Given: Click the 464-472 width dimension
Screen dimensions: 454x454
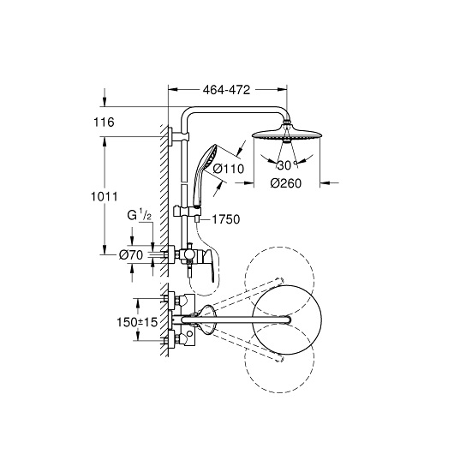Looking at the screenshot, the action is click(226, 90).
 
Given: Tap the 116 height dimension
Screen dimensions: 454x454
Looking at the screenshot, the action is click(104, 122).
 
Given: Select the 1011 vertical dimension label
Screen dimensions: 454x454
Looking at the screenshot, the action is click(105, 197).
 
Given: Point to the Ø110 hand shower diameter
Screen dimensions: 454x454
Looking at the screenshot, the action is click(229, 169).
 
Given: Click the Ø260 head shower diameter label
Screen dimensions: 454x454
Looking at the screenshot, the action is click(286, 183).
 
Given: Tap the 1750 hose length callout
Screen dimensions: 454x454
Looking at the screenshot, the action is click(226, 219).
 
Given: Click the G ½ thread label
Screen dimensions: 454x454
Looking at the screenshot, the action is click(140, 216).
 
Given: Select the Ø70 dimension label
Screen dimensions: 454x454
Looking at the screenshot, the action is click(131, 255).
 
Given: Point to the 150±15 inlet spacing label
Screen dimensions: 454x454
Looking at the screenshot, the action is click(137, 322).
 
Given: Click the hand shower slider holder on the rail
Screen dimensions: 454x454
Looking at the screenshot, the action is click(188, 211).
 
